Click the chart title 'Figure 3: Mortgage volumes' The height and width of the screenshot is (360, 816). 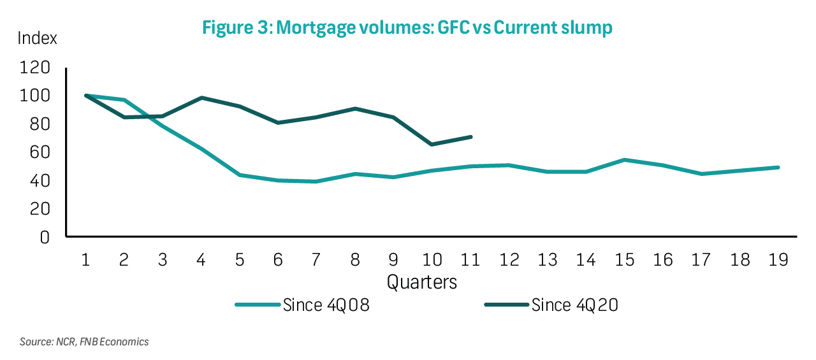click(x=407, y=28)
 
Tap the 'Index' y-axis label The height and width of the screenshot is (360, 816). click(x=37, y=38)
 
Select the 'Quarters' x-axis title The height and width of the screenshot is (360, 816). click(x=422, y=281)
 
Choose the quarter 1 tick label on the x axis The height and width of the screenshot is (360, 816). click(x=85, y=260)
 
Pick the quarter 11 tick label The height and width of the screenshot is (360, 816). click(x=470, y=260)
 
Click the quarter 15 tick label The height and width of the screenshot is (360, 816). click(x=625, y=260)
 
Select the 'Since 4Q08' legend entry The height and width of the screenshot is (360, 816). click(x=303, y=305)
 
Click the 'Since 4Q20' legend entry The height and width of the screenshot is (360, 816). click(x=551, y=305)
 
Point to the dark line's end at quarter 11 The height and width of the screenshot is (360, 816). click(x=470, y=137)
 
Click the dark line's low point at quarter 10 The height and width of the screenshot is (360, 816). click(x=432, y=145)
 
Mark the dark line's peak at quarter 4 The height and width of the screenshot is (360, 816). click(x=201, y=98)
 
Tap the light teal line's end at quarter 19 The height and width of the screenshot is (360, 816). click(x=778, y=168)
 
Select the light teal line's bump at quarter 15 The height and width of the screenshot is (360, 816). click(x=625, y=160)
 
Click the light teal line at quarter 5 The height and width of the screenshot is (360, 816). click(x=240, y=175)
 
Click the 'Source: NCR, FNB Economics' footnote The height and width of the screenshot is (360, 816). click(x=84, y=342)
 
